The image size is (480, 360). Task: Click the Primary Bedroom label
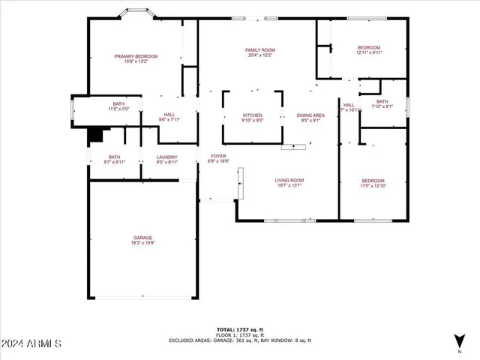tap(136, 56)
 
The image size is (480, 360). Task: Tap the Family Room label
tap(256, 50)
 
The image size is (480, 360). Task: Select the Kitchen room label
tap(252, 115)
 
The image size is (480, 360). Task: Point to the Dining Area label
tap(310, 115)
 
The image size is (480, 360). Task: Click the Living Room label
tap(289, 180)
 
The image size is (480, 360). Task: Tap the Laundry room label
tap(167, 157)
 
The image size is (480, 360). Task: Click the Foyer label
tap(218, 156)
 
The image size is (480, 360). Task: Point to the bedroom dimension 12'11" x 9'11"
tap(368, 52)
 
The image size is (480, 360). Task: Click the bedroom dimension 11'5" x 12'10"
tap(373, 186)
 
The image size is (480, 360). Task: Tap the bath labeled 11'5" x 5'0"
tap(118, 109)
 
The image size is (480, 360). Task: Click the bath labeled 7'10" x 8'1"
tap(382, 106)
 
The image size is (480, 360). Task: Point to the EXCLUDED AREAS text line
tap(239, 340)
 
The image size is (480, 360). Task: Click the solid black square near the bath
tap(95, 135)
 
